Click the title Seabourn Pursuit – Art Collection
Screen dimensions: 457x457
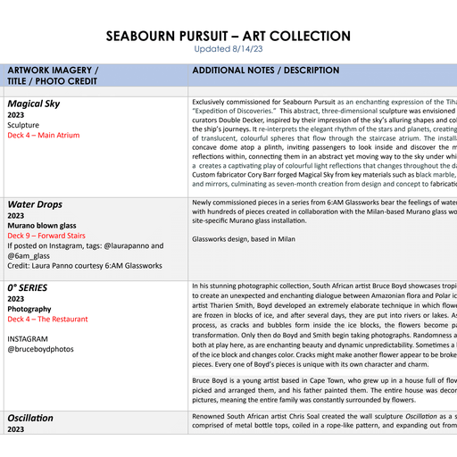click(228, 36)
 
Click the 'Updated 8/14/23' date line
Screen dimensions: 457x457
click(228, 49)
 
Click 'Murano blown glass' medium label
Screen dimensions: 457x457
click(45, 226)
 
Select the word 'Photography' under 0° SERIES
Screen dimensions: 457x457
click(29, 309)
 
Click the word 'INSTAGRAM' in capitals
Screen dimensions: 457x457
click(29, 339)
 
